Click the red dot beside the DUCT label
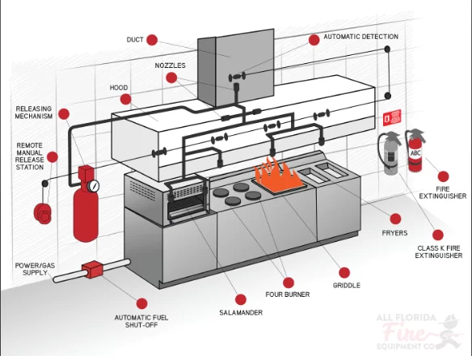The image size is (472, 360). click(152, 40)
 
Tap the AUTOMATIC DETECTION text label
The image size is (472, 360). click(361, 36)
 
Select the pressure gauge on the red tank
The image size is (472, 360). click(93, 185)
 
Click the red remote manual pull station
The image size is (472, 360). click(43, 214)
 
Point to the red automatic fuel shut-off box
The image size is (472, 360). click(93, 269)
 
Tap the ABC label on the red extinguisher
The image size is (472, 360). click(415, 154)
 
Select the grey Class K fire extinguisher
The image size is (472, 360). click(390, 154)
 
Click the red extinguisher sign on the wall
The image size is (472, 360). click(392, 117)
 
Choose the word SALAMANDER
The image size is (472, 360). click(241, 313)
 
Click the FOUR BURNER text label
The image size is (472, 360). click(288, 294)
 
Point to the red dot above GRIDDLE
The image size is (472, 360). click(343, 273)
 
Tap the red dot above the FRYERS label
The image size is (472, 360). click(395, 219)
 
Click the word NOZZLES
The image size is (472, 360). click(170, 66)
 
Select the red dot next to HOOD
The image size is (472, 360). click(125, 100)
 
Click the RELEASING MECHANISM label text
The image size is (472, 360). click(34, 112)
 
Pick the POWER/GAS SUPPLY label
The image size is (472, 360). click(36, 269)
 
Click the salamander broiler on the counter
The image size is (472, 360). click(187, 199)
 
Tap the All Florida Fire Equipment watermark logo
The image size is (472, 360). click(420, 332)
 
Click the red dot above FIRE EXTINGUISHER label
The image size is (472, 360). click(443, 177)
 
